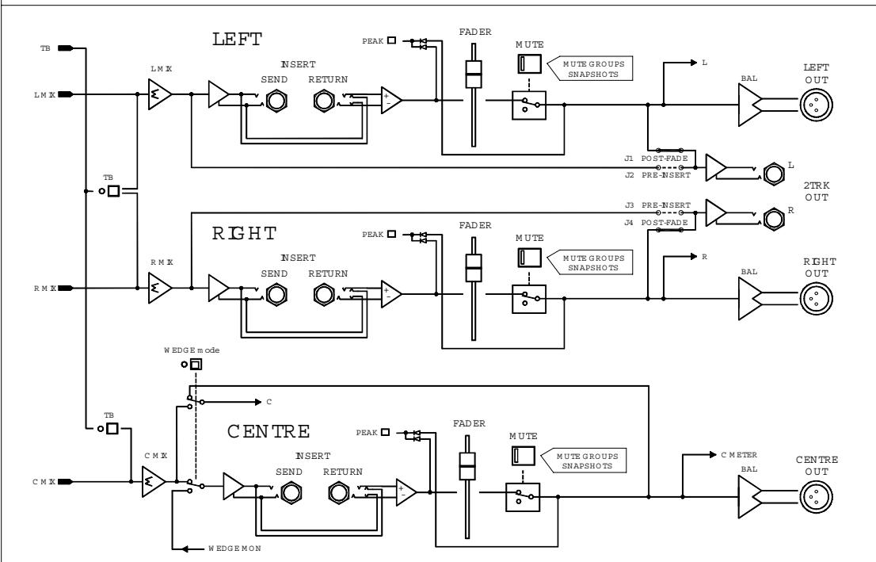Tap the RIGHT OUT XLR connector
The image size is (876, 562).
(815, 297)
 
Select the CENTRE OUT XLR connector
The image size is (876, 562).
(815, 496)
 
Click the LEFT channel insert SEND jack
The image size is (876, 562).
(276, 101)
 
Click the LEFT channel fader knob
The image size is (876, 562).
(473, 78)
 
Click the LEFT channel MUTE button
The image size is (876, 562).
(524, 64)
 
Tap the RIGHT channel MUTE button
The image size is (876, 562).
(524, 258)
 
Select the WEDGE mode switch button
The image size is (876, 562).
(196, 364)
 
